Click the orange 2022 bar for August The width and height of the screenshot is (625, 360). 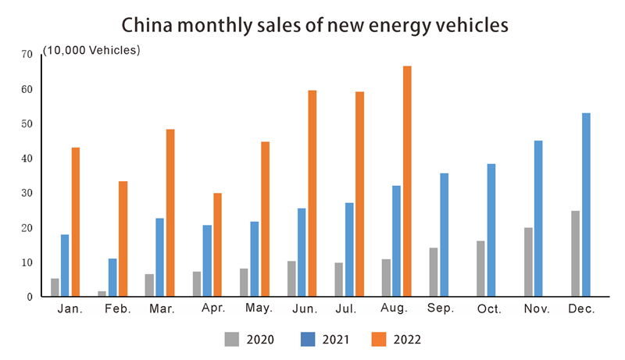(x=407, y=181)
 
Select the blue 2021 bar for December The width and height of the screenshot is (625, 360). (x=586, y=205)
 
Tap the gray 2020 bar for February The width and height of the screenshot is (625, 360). (x=102, y=294)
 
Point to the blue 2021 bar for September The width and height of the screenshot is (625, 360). (x=444, y=234)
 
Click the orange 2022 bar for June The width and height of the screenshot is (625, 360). (x=312, y=193)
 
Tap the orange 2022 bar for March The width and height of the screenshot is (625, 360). (x=170, y=212)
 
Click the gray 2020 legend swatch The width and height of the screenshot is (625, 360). (x=231, y=339)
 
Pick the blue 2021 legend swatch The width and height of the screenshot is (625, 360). (x=308, y=339)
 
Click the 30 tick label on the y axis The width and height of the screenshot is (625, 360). (x=27, y=193)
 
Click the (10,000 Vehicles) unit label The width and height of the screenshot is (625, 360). (x=91, y=51)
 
